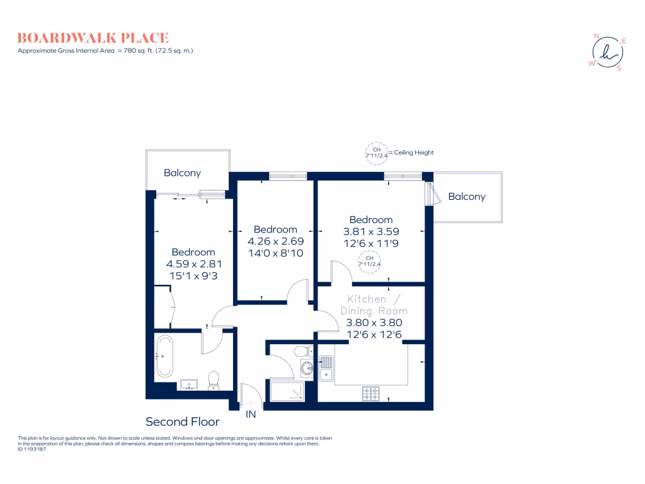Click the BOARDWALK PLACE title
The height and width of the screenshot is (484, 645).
coord(93,38)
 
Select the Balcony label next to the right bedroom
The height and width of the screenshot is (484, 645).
coord(467,197)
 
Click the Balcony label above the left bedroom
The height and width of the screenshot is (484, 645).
coord(182,173)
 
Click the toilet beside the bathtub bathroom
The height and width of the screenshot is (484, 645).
coord(214,379)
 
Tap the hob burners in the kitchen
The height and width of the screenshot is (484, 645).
coord(371,393)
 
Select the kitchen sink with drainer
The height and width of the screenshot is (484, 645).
coord(326,367)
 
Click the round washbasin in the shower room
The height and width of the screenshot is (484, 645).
coord(307,368)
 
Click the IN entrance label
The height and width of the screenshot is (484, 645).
coord(251,414)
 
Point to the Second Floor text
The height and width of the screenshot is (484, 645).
coord(183,422)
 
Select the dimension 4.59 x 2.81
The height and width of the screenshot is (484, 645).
coord(194,264)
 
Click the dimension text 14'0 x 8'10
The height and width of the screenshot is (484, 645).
coord(276,253)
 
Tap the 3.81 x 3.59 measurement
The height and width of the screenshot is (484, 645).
coord(372,231)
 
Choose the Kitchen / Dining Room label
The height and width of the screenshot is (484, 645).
coord(374,305)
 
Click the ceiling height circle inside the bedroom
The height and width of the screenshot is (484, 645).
coord(370,261)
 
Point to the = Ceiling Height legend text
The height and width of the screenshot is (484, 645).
coord(411,153)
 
